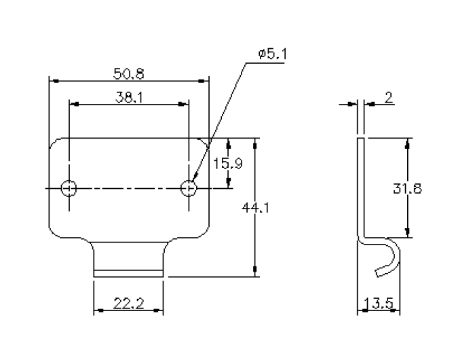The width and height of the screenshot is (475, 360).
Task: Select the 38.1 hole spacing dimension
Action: [x=128, y=97]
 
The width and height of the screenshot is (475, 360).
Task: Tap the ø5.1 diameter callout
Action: [x=273, y=54]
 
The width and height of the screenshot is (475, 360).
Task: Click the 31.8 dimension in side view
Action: [x=407, y=189]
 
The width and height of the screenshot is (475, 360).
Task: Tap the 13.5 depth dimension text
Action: [x=378, y=304]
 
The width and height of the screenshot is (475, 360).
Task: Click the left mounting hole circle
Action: [x=69, y=187]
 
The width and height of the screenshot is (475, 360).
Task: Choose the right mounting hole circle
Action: [x=189, y=187]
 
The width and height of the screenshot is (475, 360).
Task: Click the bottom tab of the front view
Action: [x=128, y=262]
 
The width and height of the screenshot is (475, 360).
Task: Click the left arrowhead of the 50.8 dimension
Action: [x=54, y=80]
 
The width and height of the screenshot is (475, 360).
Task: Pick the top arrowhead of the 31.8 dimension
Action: [x=407, y=143]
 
